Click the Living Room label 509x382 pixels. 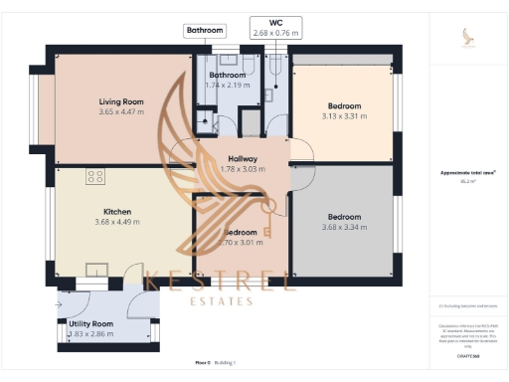[x=121, y=101]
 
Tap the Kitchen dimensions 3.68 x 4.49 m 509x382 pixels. [x=117, y=222]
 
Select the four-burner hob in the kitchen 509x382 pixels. [x=96, y=177]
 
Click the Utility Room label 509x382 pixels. [x=90, y=324]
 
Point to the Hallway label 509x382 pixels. [x=243, y=159]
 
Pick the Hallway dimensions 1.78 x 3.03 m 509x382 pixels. [x=243, y=169]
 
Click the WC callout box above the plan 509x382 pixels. [x=276, y=28]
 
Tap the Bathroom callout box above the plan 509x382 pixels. [x=205, y=31]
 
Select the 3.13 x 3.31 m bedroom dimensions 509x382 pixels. [x=344, y=116]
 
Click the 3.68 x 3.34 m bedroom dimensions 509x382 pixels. [x=344, y=228]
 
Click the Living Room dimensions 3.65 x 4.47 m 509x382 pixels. [x=121, y=112]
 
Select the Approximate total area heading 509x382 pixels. [x=467, y=172]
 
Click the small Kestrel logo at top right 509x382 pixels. [x=468, y=38]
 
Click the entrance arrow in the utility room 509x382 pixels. [x=61, y=305]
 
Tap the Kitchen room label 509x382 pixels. [x=117, y=211]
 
